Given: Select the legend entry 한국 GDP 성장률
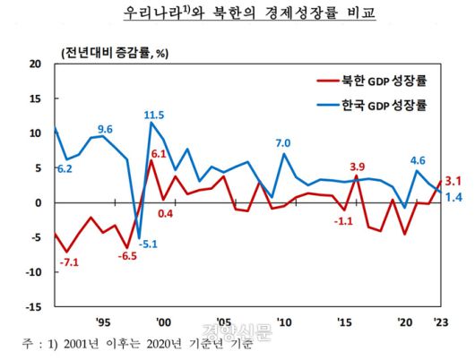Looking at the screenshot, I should pyautogui.click(x=376, y=104).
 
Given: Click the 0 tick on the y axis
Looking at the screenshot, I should pyautogui.click(x=38, y=203).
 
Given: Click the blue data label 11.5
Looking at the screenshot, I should pyautogui.click(x=154, y=115).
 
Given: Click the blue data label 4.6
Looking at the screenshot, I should pyautogui.click(x=418, y=161).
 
